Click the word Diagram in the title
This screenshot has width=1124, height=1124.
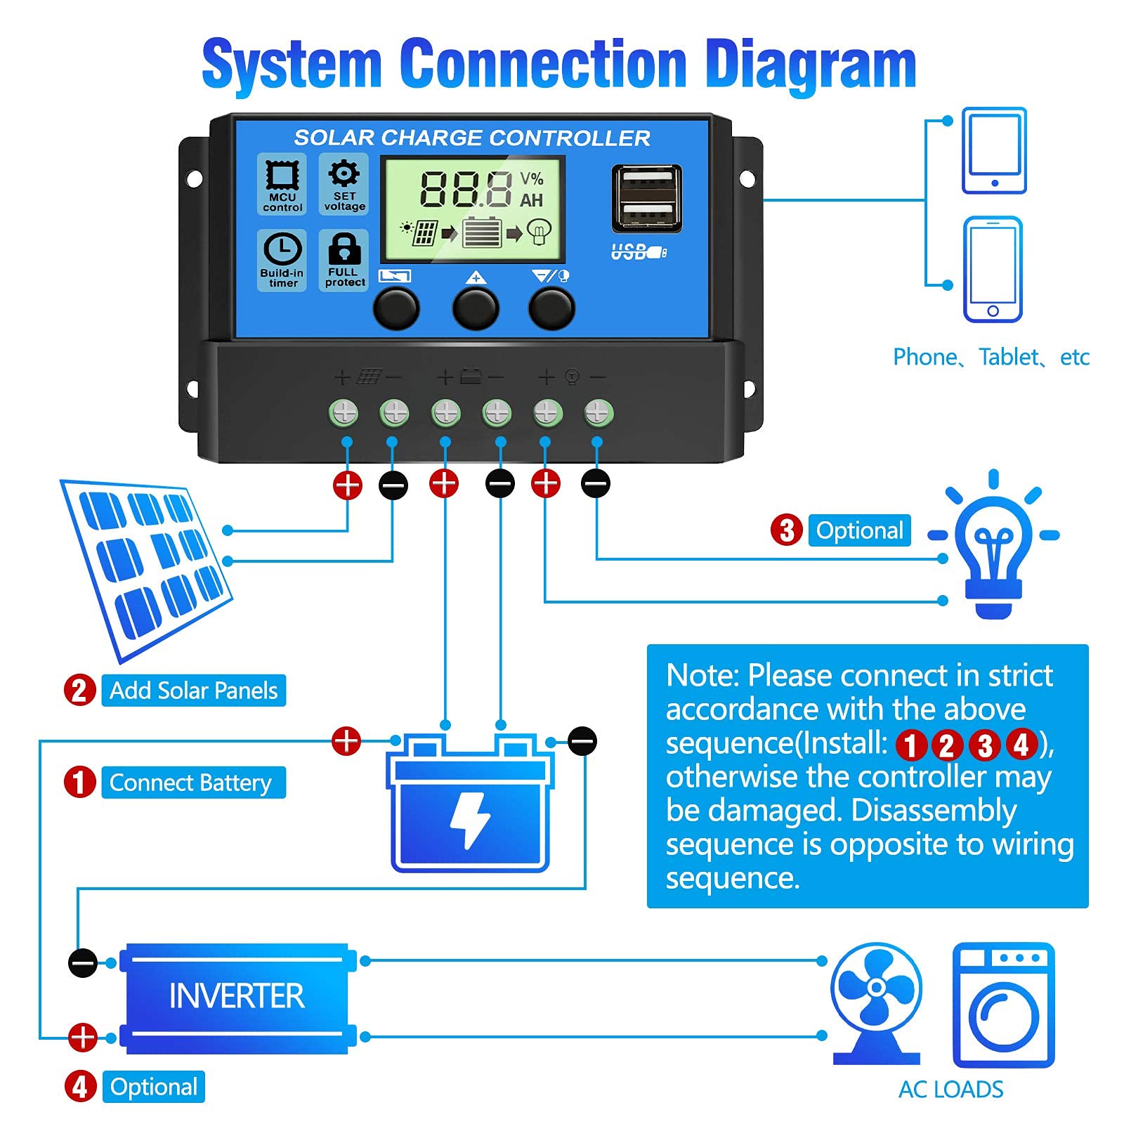click(810, 65)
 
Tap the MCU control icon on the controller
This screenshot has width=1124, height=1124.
click(282, 176)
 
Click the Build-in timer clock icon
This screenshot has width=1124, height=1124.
click(282, 249)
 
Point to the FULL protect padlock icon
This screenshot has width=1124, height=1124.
click(344, 249)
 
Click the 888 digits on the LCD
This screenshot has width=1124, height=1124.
click(466, 190)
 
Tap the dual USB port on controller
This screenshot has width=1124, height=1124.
click(646, 199)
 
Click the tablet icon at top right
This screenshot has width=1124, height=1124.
click(994, 150)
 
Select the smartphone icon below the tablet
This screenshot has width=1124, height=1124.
click(993, 270)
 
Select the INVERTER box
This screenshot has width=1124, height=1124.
click(237, 997)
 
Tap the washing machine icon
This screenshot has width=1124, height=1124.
click(1003, 1005)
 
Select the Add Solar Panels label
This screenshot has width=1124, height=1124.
click(194, 691)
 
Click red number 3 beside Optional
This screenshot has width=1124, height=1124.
click(787, 530)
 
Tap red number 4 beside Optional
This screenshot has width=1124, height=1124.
click(80, 1087)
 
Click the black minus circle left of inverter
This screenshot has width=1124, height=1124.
click(83, 962)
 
